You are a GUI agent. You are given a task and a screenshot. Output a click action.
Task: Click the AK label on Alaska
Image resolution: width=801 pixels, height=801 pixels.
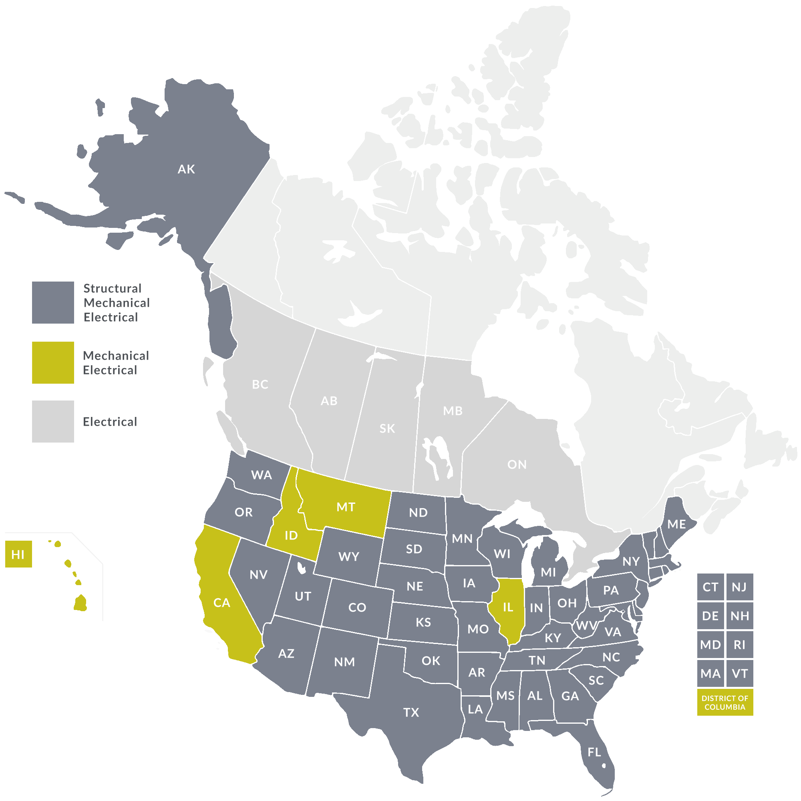coord(186,169)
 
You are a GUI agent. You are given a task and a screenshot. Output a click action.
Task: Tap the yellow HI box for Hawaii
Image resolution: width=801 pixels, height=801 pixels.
coord(18,554)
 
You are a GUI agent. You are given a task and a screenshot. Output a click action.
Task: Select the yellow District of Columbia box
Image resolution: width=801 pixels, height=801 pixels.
coord(725,703)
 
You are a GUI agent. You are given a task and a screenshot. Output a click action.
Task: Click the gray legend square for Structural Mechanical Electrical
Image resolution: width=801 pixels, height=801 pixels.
coord(53,302)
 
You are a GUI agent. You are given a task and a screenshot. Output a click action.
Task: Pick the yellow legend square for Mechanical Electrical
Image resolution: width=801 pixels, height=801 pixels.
coord(53,362)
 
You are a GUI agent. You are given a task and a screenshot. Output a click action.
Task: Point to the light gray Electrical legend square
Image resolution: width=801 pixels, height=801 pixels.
coord(53,421)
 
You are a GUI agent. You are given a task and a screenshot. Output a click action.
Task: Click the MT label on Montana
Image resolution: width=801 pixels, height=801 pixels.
coord(346,507)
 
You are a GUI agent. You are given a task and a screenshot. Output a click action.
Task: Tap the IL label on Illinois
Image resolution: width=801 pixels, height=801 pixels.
coord(508,608)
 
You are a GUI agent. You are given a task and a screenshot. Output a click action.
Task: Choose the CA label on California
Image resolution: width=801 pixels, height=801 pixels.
coord(221,602)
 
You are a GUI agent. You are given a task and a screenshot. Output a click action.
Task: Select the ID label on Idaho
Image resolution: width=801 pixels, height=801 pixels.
coord(291,535)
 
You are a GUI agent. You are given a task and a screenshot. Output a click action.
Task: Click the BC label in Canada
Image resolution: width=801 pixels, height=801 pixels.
coord(260,384)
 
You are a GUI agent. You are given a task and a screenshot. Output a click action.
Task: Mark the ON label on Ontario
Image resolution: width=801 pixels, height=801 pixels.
coord(517,464)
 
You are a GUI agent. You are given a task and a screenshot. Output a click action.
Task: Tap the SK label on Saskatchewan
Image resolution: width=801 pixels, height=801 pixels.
coord(387,428)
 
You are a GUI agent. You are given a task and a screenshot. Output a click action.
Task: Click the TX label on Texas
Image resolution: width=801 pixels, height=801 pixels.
coord(411,712)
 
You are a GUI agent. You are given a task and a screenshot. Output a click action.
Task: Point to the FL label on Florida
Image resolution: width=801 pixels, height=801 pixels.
coord(594,752)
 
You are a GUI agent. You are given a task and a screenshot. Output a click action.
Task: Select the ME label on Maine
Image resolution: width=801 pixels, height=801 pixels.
coord(676,524)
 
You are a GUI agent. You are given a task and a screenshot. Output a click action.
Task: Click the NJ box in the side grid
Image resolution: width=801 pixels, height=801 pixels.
coord(739,587)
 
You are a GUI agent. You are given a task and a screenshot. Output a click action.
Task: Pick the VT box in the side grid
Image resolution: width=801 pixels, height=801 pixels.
coord(739,673)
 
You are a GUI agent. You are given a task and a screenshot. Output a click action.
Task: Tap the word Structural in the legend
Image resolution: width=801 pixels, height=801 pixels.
coord(113,288)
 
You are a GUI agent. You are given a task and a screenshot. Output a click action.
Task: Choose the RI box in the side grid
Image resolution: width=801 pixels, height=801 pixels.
coord(739,645)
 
